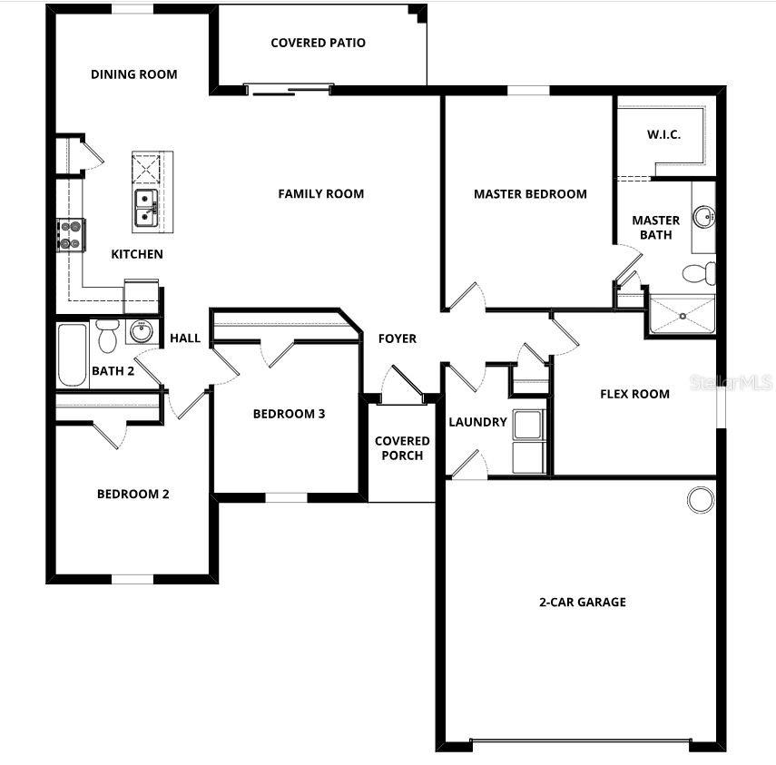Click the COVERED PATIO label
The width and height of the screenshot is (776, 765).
point(318,43)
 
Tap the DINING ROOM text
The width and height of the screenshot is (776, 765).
point(133,74)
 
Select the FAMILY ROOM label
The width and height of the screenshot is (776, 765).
point(320,193)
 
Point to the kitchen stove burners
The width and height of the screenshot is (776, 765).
point(71,234)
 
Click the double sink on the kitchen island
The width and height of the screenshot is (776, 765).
point(146,208)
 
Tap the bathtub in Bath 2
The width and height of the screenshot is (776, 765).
point(71,355)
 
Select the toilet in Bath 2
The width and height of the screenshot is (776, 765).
point(107,336)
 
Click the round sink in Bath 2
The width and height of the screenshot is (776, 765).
point(140,331)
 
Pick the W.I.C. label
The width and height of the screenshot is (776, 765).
point(663,135)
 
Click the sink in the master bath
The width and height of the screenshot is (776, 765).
point(704,217)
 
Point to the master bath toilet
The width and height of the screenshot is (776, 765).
point(700,272)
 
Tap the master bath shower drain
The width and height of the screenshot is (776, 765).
point(681,315)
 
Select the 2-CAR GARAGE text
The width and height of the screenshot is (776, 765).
point(582,602)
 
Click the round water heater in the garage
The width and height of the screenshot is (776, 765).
point(700,498)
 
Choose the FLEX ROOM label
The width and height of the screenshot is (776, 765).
point(634,394)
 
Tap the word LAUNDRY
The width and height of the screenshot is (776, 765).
point(477,422)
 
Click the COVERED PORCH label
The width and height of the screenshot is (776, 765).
point(402,448)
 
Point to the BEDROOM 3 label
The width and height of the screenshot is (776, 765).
point(289,414)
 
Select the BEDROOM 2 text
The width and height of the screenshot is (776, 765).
point(133,495)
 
